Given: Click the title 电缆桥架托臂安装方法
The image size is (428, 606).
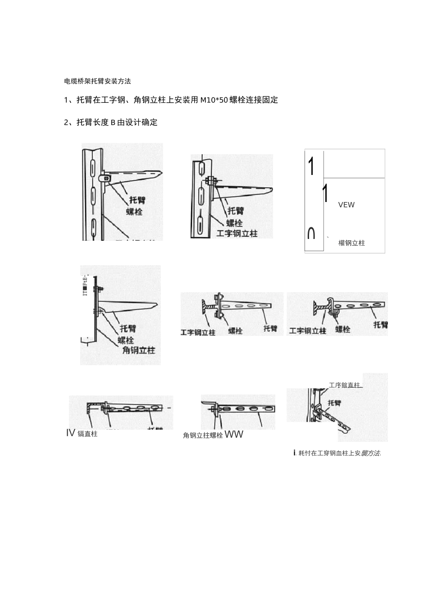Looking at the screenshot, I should (97, 82).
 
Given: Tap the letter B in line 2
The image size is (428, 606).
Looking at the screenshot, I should (113, 123).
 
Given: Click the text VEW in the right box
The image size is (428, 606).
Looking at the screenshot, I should (346, 205).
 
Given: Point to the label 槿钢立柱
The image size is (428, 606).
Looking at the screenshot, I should (351, 243).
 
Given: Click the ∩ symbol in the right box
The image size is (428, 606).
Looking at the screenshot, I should (311, 233).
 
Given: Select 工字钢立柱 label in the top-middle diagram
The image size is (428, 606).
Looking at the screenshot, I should (237, 234).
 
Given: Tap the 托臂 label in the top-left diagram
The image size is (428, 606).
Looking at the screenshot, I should (137, 199).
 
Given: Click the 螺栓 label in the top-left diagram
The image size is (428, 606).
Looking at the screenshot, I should (134, 211).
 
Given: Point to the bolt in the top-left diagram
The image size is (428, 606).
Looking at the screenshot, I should (106, 179).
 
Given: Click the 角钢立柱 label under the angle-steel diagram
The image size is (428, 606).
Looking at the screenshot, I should (139, 350).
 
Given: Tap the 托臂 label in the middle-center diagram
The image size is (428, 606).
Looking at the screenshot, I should (270, 328).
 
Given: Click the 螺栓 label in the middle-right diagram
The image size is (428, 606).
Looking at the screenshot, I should (343, 329).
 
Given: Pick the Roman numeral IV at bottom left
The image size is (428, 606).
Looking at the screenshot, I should (70, 433).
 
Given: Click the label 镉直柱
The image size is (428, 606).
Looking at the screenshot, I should (87, 434).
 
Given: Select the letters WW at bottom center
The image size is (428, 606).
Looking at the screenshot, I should (234, 435).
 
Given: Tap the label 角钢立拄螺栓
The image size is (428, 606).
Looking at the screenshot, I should (203, 436).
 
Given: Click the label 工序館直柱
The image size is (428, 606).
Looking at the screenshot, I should (345, 386).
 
